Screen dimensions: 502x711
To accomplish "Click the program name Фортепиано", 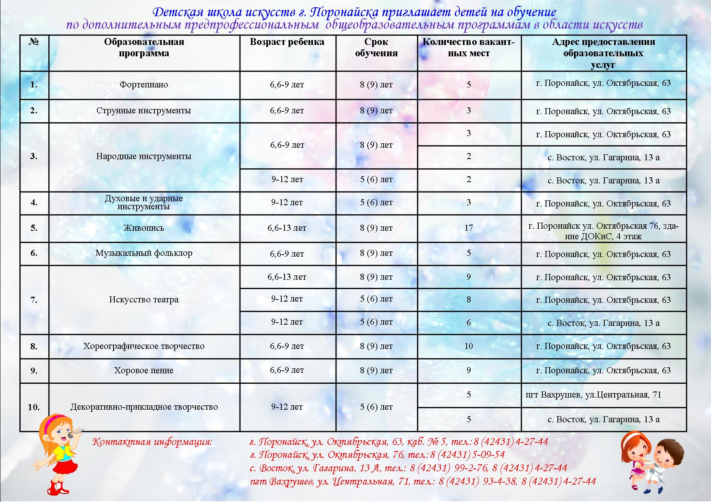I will click(143, 85).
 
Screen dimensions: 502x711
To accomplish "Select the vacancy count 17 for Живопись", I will click(469, 228).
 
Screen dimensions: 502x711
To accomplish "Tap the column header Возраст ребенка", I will click(287, 42).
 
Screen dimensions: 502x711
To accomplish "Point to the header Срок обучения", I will click(376, 48).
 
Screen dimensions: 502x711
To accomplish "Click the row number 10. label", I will click(34, 407).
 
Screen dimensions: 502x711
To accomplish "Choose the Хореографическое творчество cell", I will click(144, 346).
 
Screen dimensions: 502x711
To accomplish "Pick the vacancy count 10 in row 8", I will click(469, 346).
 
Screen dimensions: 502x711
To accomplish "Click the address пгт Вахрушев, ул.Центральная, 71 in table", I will click(593, 395).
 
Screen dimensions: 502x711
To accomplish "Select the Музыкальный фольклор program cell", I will click(144, 253).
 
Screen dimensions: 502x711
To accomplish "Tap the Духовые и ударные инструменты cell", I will click(144, 202).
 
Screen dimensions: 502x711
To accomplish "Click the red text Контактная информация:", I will click(152, 442).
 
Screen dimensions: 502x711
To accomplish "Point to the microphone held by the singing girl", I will click(75, 434).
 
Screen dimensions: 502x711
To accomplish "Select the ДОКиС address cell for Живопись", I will click(603, 231).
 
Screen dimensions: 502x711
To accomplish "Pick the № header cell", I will click(34, 42).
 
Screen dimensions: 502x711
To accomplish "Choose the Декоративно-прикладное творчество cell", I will click(144, 407).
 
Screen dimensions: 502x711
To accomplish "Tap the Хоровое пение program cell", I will click(144, 370).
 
